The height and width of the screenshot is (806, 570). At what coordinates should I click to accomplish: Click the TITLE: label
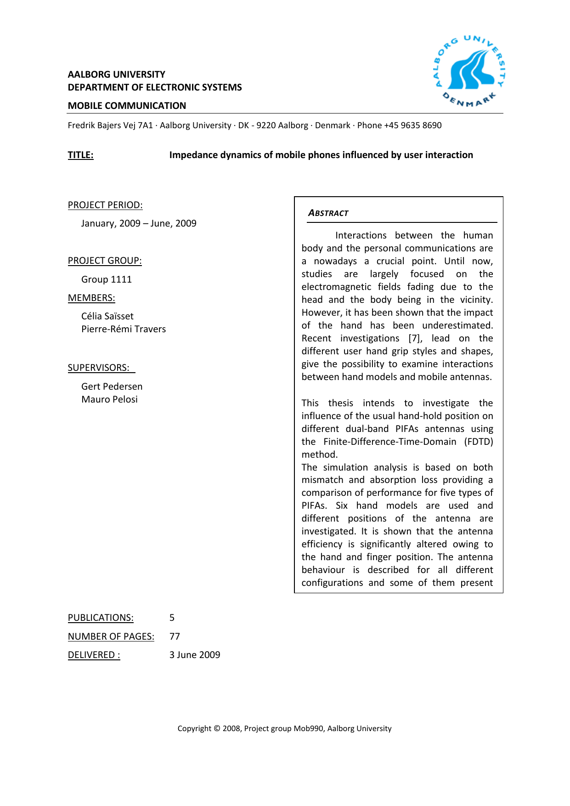click(80, 155)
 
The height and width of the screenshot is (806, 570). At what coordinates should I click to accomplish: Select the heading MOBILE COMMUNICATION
click(127, 106)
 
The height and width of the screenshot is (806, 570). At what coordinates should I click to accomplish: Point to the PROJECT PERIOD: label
click(105, 205)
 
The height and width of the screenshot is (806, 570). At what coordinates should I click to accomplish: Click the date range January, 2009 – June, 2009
click(139, 223)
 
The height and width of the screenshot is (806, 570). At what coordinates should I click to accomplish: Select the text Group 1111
click(107, 279)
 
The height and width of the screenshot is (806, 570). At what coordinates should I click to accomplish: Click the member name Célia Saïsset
click(107, 316)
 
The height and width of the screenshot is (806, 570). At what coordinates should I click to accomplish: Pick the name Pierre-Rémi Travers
click(124, 329)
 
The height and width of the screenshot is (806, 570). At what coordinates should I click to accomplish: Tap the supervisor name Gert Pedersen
click(112, 386)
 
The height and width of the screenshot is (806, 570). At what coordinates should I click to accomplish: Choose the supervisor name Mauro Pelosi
click(109, 399)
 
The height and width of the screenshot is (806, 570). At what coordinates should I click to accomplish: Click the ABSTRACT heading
click(328, 213)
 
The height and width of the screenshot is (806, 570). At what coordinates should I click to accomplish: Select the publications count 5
click(172, 618)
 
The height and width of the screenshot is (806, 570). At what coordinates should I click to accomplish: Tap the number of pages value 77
click(175, 636)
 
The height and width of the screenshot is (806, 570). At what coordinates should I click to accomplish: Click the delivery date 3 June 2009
click(195, 655)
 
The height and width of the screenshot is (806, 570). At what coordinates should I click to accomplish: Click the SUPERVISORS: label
click(99, 368)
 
